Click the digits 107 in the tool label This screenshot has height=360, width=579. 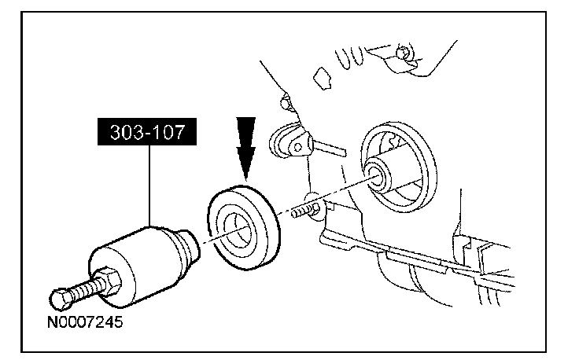coord(167,130)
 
